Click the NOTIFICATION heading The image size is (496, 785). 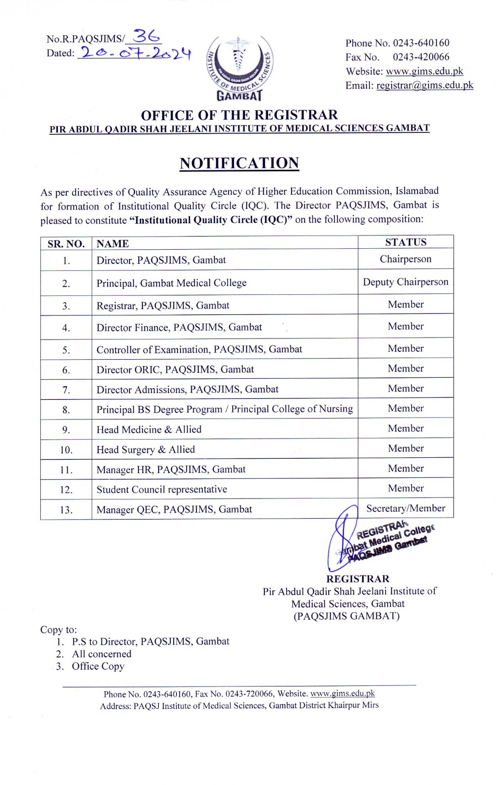coord(239,163)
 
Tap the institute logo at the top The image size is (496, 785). coord(239,68)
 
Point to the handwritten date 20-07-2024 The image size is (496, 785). coord(135,53)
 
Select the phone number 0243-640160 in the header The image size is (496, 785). coord(421,43)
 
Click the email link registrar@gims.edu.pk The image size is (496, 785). coord(424,85)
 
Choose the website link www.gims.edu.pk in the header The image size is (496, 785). coord(424,71)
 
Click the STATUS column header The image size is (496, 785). coord(405,242)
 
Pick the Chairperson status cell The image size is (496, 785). coord(405,259)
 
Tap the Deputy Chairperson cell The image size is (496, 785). coord(405,282)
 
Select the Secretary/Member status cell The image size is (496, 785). coord(405,508)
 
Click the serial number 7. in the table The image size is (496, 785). coord(66,390)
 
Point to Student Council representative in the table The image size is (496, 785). coord(161,490)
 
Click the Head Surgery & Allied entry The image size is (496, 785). coord(145,449)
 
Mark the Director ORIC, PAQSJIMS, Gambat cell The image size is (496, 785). coord(175,369)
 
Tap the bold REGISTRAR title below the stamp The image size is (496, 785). coord(358,579)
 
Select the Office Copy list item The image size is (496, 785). coord(98,666)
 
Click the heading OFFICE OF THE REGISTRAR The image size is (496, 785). coord(239,115)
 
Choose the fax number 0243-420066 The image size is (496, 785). coord(420,57)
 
